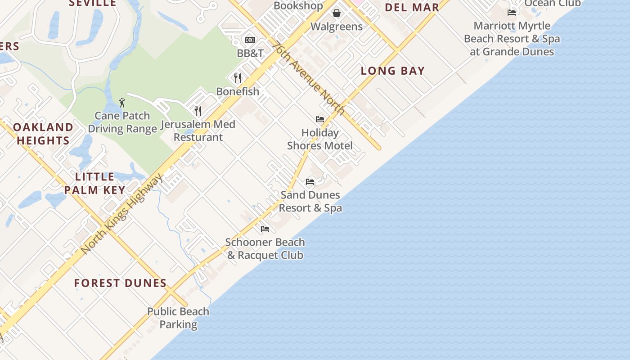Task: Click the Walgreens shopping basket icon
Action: point(336,13)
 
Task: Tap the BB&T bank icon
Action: point(250,40)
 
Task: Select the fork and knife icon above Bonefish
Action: point(238,78)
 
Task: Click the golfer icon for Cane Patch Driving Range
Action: point(122,103)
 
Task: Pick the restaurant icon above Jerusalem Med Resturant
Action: point(198,111)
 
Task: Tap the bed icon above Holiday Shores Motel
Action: point(320,119)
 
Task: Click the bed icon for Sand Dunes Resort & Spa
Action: point(310,181)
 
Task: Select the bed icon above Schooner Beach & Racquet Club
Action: point(265,229)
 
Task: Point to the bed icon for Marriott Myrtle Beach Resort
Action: point(512,13)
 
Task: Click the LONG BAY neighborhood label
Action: point(393,71)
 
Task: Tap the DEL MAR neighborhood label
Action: point(412,8)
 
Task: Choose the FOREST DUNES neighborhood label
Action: point(121,283)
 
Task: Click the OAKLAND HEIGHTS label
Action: point(43,134)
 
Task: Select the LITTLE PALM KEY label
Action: point(94,183)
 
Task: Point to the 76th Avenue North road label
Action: point(309,78)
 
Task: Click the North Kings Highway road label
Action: point(122,214)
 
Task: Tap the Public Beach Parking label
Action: point(178,318)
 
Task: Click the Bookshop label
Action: point(298,5)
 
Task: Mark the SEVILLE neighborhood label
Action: point(93,3)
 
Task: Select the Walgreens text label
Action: point(337,27)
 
